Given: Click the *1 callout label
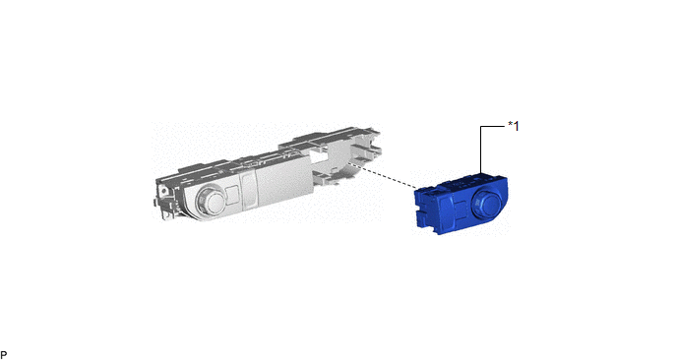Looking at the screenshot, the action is [x=514, y=126].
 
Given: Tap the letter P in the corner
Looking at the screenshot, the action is [x=4, y=355].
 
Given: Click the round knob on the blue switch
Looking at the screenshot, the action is [x=487, y=202].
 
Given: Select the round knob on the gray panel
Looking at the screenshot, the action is [x=210, y=199].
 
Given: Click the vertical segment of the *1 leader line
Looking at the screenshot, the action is [x=480, y=150].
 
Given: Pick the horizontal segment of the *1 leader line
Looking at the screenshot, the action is [x=493, y=127].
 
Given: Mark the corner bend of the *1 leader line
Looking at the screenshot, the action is [x=480, y=127].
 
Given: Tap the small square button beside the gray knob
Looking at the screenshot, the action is [x=232, y=194].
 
